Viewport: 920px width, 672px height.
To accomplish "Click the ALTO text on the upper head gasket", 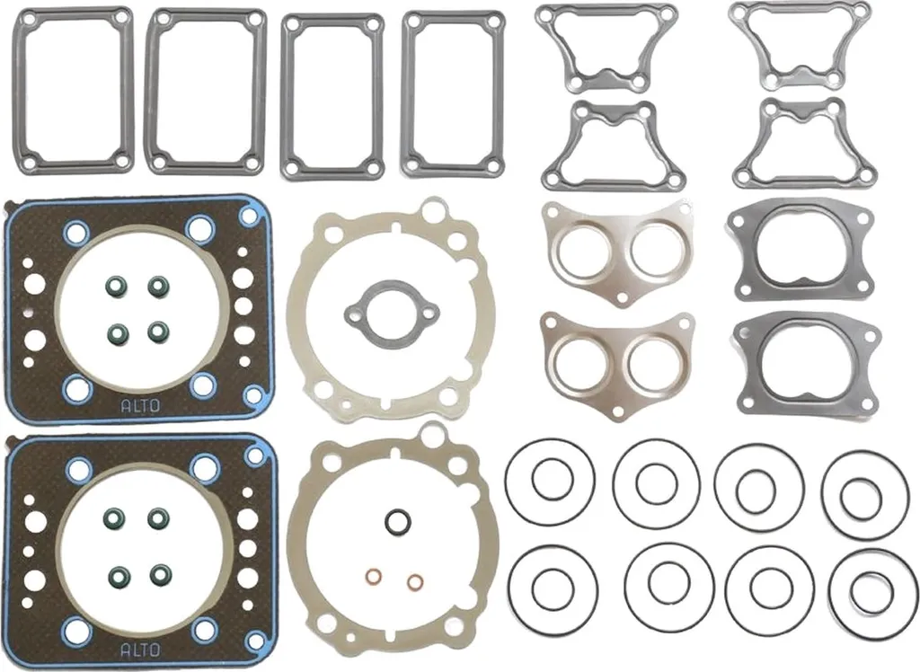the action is coord(139,405).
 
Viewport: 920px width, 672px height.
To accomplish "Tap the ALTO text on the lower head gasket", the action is coord(139,650).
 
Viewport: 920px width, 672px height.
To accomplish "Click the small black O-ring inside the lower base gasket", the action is coord(398,521).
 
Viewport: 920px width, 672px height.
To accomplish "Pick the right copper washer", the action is coord(415,582).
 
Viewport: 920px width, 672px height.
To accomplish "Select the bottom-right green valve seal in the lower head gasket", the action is coord(158,574).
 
